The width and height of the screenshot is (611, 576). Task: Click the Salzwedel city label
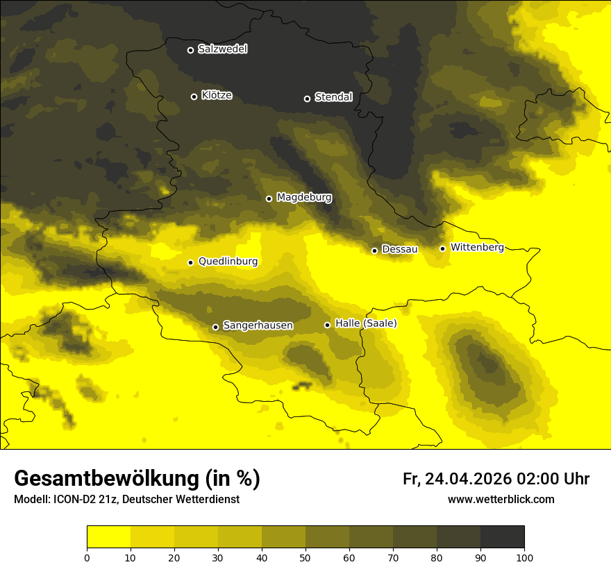[222, 49]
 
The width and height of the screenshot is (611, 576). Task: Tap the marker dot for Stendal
[307, 99]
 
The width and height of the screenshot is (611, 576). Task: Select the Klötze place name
[217, 96]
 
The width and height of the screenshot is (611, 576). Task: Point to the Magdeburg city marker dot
[269, 198]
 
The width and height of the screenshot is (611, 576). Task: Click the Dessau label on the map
[400, 249]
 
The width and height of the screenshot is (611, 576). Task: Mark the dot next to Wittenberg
[442, 248]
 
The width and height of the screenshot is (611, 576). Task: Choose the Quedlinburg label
[228, 262]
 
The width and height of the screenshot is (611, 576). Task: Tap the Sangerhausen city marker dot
[215, 327]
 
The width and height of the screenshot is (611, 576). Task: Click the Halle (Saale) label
[366, 323]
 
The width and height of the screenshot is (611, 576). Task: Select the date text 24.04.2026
[468, 479]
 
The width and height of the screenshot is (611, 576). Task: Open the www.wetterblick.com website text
[501, 500]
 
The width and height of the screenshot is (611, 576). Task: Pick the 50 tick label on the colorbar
[305, 557]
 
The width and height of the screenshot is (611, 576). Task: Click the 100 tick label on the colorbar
[524, 557]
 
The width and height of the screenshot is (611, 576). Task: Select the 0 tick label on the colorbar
[87, 557]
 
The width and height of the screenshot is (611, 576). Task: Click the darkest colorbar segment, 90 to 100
[502, 537]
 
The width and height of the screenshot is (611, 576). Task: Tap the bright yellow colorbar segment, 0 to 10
[108, 537]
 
